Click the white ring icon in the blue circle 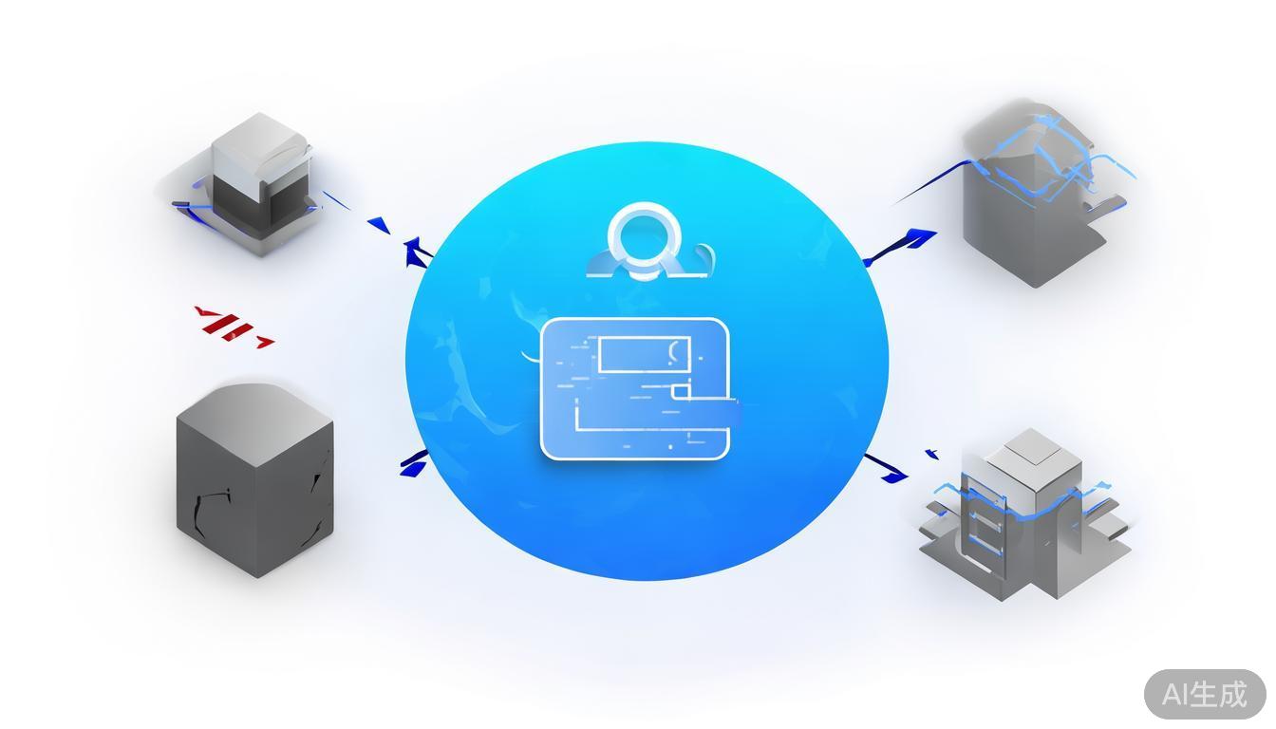click(645, 234)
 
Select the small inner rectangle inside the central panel click(641, 354)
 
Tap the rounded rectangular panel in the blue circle click(634, 388)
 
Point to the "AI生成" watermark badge click(1205, 694)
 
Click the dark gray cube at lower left click(254, 484)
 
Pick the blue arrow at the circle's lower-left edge click(414, 463)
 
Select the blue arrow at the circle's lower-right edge click(887, 468)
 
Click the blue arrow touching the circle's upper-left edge click(417, 252)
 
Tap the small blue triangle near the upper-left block click(381, 225)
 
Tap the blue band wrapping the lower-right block click(1025, 504)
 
